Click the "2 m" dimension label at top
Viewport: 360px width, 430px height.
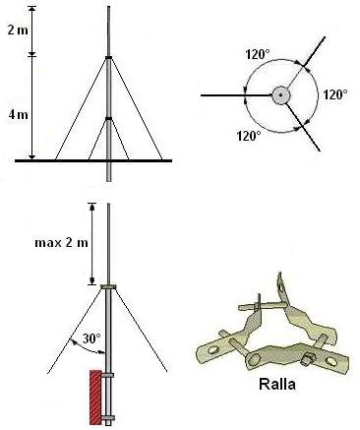[x=19, y=31]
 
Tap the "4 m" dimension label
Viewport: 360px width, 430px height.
[x=19, y=115]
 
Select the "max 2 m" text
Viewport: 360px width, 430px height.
[x=61, y=243]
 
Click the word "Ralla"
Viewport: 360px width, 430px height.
[x=277, y=384]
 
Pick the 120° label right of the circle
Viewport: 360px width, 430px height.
[x=335, y=95]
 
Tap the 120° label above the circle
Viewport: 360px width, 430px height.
[x=258, y=55]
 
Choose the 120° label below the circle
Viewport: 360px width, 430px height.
[x=249, y=136]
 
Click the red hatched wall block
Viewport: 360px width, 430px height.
[x=95, y=397]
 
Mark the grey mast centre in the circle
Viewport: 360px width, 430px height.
[x=281, y=95]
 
